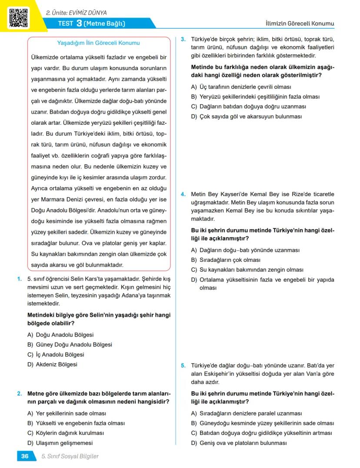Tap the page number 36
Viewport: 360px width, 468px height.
click(25, 456)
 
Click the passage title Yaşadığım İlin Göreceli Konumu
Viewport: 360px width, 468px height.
click(99, 43)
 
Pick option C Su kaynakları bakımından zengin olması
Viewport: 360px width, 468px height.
click(247, 270)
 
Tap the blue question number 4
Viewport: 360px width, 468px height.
click(183, 194)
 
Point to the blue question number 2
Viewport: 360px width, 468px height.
click(20, 394)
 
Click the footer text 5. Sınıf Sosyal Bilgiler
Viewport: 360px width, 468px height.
click(70, 456)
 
